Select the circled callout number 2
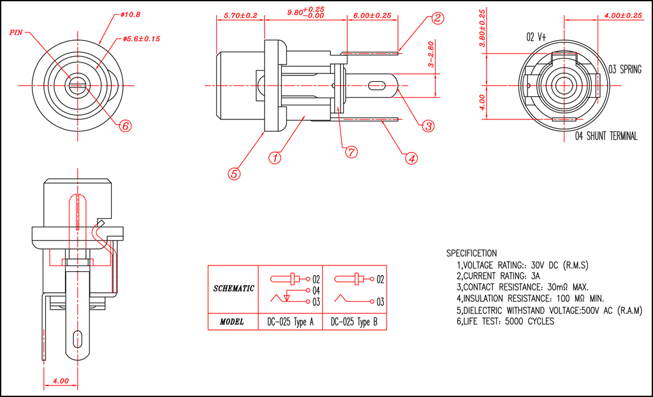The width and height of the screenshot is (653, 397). (437, 18)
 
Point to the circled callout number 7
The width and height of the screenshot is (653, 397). (351, 152)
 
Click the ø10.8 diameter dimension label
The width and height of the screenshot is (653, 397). (130, 15)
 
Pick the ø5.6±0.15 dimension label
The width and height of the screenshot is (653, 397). (142, 39)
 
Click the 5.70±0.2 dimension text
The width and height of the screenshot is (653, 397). (240, 15)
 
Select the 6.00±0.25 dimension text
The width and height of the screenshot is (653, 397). (372, 15)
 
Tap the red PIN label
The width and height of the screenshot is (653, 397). (16, 32)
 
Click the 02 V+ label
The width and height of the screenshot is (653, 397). (536, 38)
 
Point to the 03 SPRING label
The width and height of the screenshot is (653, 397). (625, 70)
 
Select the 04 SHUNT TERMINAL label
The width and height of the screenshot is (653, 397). (606, 136)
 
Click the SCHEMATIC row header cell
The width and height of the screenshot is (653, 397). (233, 288)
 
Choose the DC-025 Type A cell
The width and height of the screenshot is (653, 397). (290, 322)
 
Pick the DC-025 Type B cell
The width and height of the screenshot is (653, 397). (355, 322)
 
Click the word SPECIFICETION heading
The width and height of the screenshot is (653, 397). (471, 253)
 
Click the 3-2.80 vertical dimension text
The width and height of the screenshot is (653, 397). (431, 54)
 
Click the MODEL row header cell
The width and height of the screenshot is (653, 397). (233, 322)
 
